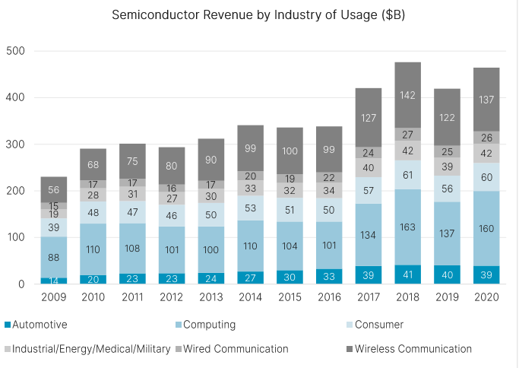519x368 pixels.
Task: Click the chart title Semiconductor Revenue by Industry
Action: tap(258, 15)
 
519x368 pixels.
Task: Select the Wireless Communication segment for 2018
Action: tap(408, 95)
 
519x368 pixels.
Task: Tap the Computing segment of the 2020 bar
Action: tap(486, 228)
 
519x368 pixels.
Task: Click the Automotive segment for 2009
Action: tap(53, 281)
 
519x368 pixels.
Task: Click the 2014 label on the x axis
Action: tap(250, 297)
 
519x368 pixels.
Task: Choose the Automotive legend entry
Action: tap(41, 325)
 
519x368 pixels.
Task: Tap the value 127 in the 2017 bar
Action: tap(369, 118)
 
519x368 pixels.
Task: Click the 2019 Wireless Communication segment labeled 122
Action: tap(448, 118)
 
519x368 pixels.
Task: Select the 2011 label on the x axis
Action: tap(132, 297)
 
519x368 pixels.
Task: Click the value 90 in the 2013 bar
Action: tap(211, 160)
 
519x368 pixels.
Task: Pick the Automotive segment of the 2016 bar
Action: tap(329, 276)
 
